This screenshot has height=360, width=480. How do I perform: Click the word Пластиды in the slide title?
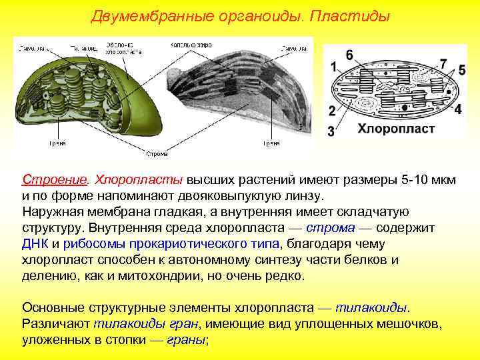tap(348, 15)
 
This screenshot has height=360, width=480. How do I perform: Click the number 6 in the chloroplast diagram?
tap(349, 55)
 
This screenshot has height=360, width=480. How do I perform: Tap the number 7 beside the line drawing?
tap(443, 64)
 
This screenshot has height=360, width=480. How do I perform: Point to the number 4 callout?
tap(458, 108)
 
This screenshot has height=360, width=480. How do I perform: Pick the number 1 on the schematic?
tap(333, 67)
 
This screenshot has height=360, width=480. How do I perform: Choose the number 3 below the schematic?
tap(331, 131)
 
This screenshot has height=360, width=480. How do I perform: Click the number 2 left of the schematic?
tap(332, 110)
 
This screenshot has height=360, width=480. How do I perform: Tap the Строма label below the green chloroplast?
tap(157, 153)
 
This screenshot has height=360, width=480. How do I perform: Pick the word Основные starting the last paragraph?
tap(53, 308)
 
